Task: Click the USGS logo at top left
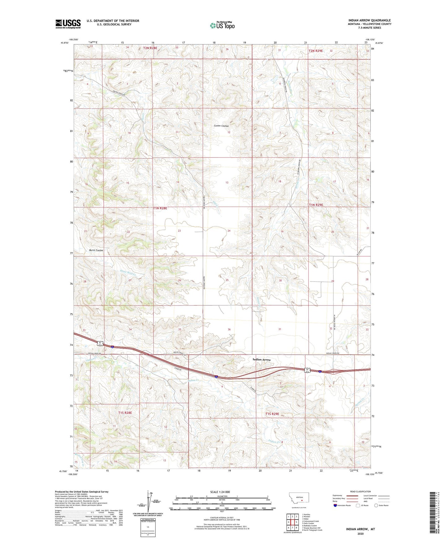click(x=68, y=24)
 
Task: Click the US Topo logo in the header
click(x=222, y=25)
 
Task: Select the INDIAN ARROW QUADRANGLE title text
click(x=369, y=20)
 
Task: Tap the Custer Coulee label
click(x=221, y=126)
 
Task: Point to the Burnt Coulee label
click(x=96, y=250)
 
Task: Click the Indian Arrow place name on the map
click(x=261, y=360)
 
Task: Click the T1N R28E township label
click(x=160, y=208)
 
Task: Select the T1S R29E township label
click(x=272, y=414)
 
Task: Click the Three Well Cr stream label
click(x=127, y=272)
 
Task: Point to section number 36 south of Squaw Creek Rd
click(x=229, y=329)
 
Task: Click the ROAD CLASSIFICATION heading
click(x=360, y=491)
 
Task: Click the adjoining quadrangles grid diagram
click(x=292, y=523)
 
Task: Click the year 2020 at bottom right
click(x=360, y=534)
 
